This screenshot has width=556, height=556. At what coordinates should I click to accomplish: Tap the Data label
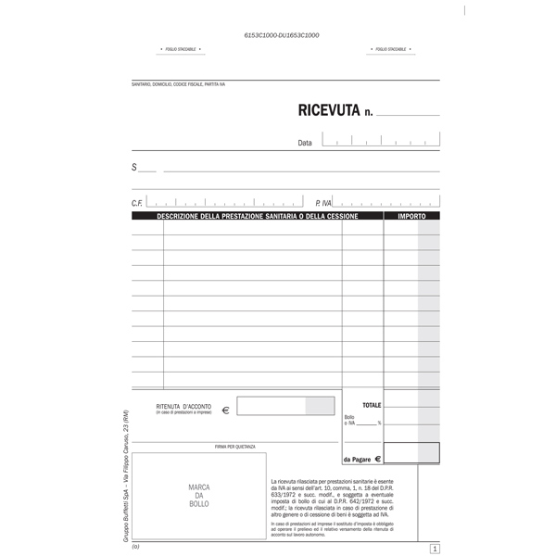305,144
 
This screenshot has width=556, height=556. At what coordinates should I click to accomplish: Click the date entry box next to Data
380,140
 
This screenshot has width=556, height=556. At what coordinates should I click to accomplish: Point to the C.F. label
137,202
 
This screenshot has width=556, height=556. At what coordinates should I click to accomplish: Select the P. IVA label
322,202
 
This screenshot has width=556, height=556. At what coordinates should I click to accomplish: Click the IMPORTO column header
411,216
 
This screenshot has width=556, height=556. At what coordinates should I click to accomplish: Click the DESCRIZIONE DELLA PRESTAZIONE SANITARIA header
257,216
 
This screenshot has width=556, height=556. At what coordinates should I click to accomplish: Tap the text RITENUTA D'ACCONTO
183,407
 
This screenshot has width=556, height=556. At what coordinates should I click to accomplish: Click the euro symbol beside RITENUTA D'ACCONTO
226,409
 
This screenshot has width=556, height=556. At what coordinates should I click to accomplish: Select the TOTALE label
372,405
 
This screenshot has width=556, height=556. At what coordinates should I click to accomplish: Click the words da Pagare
357,460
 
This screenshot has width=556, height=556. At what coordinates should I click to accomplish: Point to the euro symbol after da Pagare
378,459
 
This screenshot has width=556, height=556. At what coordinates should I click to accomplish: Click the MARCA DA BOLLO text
199,496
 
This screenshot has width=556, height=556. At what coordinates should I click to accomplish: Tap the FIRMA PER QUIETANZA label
234,446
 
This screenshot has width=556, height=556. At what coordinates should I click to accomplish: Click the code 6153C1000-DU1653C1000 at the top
282,34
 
